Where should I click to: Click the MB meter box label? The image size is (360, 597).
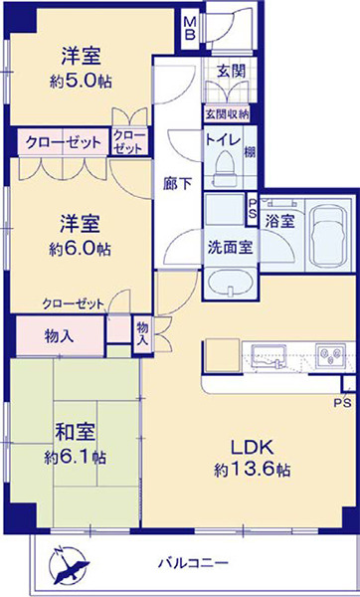[190, 29]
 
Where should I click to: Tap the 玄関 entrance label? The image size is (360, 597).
[231, 72]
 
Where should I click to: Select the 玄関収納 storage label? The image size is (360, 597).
[227, 113]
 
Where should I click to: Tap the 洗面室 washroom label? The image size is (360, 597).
[230, 248]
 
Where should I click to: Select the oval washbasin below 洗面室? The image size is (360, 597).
[230, 284]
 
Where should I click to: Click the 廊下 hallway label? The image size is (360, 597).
[177, 184]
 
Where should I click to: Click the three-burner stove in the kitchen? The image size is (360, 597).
[330, 356]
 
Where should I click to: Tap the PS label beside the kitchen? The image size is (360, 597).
[343, 403]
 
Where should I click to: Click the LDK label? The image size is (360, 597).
[252, 448]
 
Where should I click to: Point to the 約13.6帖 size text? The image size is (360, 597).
[252, 470]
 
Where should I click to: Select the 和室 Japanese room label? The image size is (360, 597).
[75, 433]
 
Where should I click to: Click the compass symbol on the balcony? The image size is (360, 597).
[70, 564]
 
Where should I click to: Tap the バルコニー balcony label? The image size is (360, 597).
[193, 562]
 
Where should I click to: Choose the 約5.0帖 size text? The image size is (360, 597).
[81, 82]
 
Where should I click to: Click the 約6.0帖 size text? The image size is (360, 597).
[80, 249]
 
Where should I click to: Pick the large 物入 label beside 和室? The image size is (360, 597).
[59, 336]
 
